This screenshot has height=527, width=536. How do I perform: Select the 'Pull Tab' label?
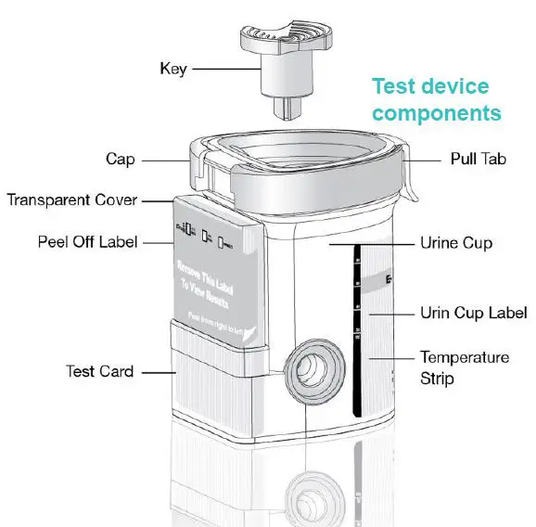pyautogui.click(x=477, y=160)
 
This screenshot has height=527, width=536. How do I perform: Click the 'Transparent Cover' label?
pyautogui.click(x=72, y=199)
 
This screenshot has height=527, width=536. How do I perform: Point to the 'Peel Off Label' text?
pyautogui.click(x=87, y=242)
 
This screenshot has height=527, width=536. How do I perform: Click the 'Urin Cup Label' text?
pyautogui.click(x=473, y=313)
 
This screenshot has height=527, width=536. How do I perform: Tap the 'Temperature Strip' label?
pyautogui.click(x=464, y=367)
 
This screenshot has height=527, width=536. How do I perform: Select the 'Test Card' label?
pyautogui.click(x=99, y=371)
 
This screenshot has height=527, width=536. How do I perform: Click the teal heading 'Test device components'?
pyautogui.click(x=436, y=100)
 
